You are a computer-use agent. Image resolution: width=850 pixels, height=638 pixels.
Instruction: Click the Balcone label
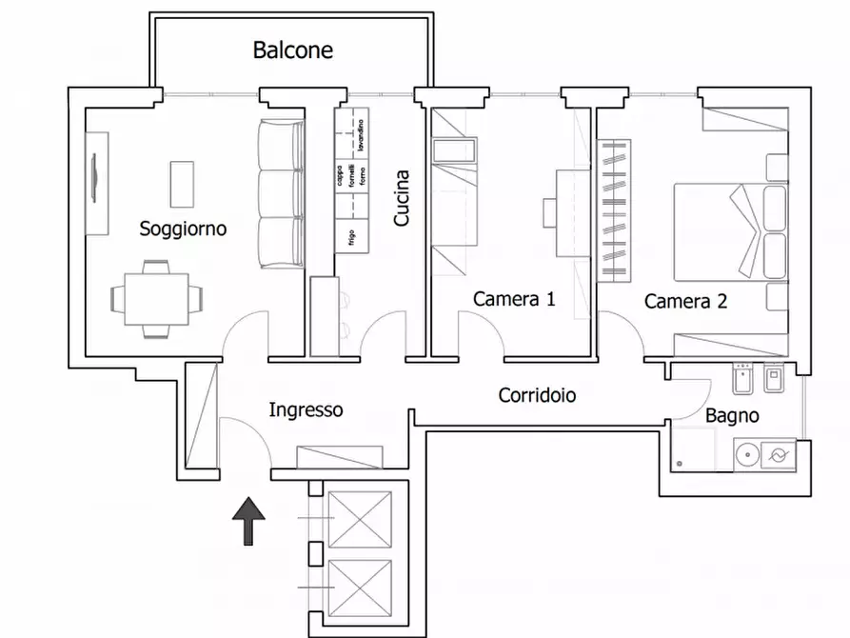292,50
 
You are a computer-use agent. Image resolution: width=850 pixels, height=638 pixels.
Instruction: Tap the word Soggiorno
183,229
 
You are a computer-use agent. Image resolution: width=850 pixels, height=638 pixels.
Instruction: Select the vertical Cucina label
402,198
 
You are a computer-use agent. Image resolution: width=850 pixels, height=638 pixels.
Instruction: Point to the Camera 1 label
514,299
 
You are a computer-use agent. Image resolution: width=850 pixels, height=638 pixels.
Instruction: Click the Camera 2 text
685,302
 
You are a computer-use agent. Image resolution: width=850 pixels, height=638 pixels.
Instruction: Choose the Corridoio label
537,394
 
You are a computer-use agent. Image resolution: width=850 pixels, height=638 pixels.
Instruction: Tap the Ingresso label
306,410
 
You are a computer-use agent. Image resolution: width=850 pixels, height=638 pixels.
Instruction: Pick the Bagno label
732,416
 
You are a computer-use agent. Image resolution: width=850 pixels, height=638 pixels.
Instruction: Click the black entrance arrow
249,521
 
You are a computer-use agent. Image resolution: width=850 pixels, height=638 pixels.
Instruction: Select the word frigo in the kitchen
351,236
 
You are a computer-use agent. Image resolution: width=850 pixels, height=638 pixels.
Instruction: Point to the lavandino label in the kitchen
361,134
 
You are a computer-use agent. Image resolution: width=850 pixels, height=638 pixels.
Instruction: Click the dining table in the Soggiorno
157,299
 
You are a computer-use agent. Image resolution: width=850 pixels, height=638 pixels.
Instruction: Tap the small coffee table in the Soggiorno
181,183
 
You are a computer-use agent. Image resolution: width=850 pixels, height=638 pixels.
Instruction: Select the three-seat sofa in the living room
280,195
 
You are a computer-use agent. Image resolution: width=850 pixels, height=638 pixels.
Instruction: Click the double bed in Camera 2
728,229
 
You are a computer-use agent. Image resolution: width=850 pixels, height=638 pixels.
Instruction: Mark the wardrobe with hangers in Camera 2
614,210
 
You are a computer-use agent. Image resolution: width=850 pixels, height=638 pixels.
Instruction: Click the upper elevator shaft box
359,520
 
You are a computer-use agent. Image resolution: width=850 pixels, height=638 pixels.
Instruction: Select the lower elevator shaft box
359,588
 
